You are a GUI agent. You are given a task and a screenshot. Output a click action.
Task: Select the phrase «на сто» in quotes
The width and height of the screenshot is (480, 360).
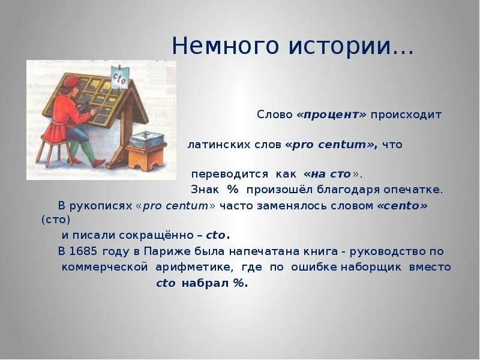[331, 174]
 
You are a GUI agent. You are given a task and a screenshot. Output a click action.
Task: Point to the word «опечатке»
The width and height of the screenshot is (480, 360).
[415, 190]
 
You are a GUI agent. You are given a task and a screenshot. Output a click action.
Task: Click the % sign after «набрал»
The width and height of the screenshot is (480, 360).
[238, 283]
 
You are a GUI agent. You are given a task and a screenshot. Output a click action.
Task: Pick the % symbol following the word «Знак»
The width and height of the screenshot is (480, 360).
[233, 190]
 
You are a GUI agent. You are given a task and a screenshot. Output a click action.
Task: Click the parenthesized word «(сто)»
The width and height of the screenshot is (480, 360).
[56, 220]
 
